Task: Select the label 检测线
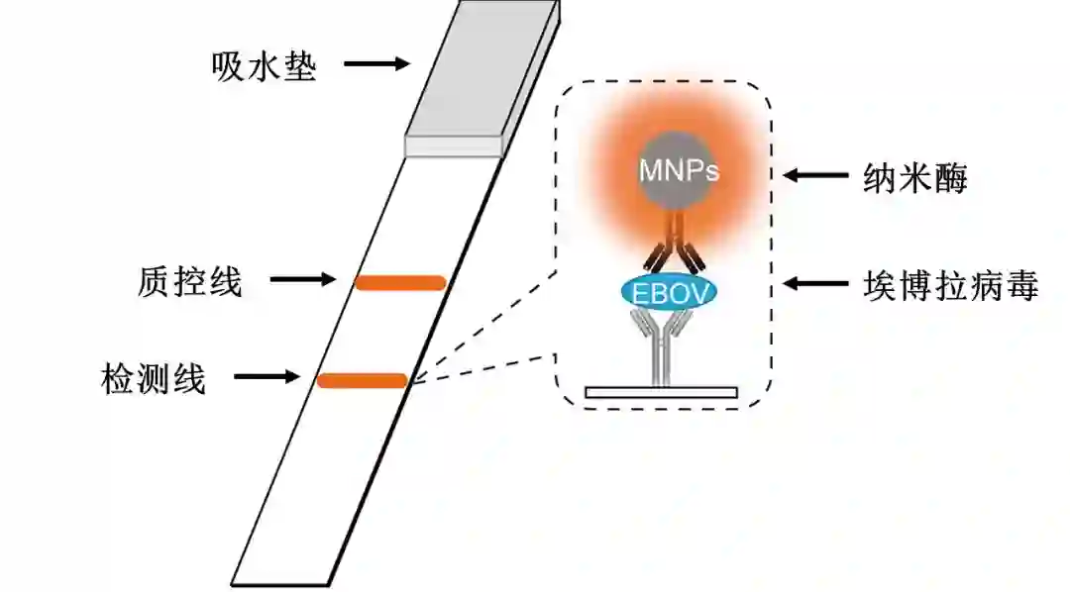[154, 378]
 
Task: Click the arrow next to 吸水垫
[376, 64]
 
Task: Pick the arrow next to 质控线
[303, 281]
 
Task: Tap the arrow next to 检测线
[265, 377]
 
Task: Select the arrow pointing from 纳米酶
[815, 177]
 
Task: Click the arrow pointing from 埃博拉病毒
[815, 284]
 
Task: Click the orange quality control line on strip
[400, 283]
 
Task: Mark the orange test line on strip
[362, 379]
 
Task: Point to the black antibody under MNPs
[675, 248]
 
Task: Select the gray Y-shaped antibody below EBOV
[661, 342]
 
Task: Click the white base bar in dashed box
[661, 392]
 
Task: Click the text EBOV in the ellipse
[670, 292]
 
